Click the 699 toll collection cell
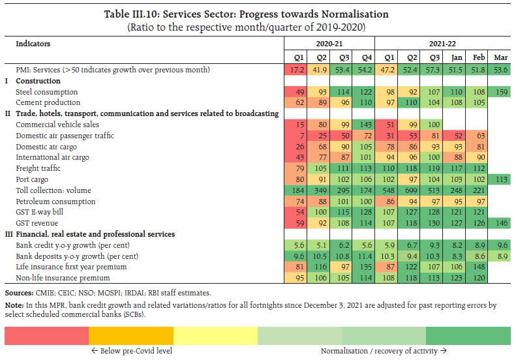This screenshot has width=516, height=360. [409, 190]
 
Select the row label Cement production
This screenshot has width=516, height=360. [48, 102]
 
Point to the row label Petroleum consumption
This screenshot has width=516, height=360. [53, 201]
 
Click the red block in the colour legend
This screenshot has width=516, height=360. [46, 335]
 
